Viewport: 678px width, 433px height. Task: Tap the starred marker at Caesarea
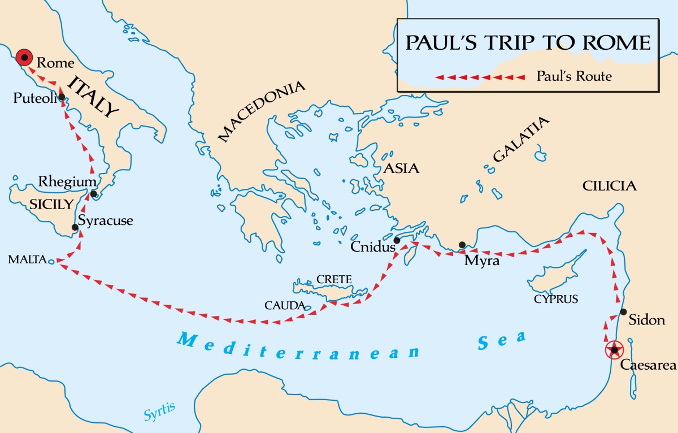(614, 350)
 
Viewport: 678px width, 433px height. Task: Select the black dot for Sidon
(623, 311)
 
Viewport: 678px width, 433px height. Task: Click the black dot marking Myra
(462, 245)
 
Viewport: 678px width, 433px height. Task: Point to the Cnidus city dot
(397, 240)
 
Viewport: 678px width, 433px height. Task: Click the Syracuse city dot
(75, 228)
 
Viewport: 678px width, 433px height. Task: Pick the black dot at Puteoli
(61, 97)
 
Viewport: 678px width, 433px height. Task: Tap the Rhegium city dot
(94, 194)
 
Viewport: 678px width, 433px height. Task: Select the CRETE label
(334, 279)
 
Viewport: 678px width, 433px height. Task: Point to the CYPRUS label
(556, 300)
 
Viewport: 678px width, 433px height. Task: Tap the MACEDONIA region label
(262, 111)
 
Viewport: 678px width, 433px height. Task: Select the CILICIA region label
(610, 186)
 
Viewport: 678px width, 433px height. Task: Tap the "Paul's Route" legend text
(574, 76)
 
